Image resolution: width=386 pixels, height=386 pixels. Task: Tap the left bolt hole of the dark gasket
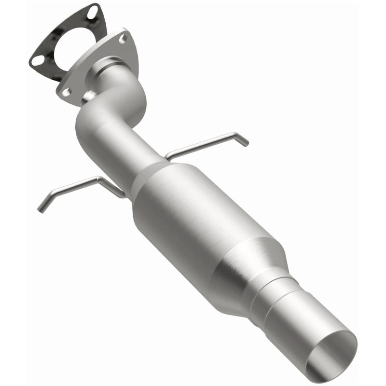click(x=36, y=60)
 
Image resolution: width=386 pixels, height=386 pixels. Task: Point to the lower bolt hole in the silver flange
click(x=66, y=91)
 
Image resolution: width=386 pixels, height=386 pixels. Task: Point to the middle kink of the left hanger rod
click(x=98, y=180)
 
